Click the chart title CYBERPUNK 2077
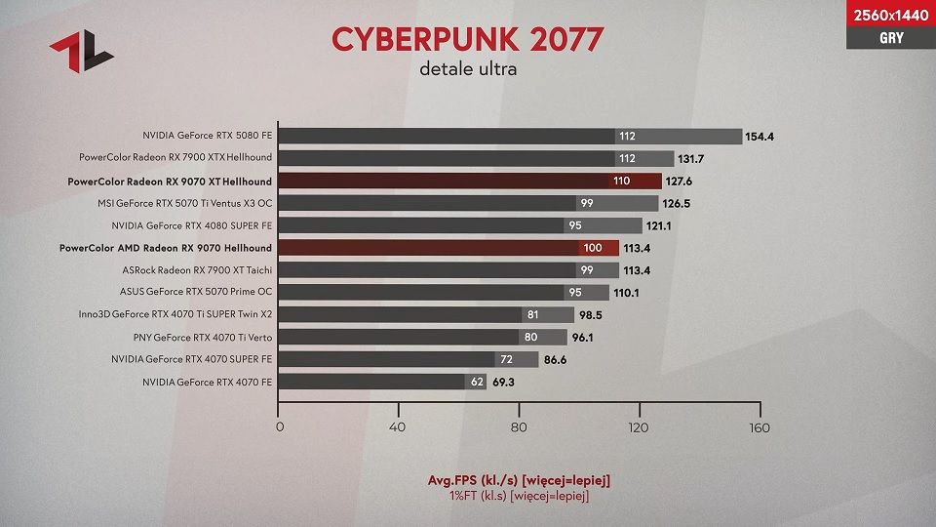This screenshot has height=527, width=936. tap(468, 39)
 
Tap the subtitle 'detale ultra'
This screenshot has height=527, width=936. tap(468, 69)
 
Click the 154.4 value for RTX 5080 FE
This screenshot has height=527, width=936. tap(760, 137)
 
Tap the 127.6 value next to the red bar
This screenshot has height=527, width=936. tap(679, 182)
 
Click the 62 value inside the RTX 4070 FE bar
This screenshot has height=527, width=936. tap(477, 382)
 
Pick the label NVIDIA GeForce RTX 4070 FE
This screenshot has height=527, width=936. tap(207, 382)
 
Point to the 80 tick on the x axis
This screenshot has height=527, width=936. tap(519, 427)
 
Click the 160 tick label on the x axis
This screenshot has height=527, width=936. tap(759, 427)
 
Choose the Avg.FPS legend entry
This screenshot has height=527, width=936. tap(520, 480)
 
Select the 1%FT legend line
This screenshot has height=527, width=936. tap(520, 496)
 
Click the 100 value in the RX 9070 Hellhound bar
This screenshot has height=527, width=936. tap(592, 248)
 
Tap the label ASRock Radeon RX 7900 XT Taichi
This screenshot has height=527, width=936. tap(197, 270)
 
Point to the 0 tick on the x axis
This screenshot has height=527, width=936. tap(280, 427)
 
